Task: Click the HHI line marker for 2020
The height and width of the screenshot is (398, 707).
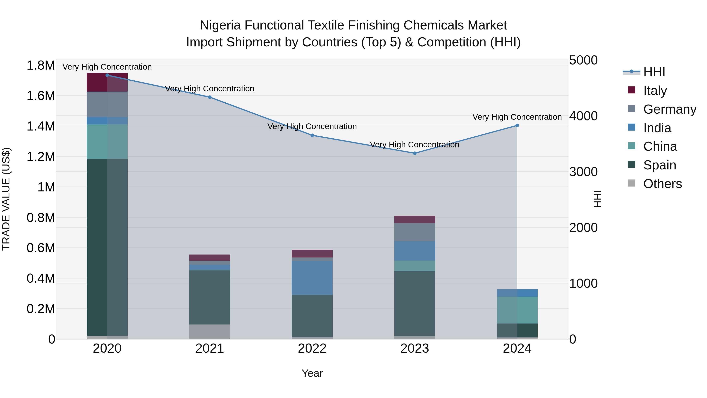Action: point(107,75)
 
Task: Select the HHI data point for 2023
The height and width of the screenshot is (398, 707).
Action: point(415,153)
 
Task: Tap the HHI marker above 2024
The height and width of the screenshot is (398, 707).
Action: point(517,126)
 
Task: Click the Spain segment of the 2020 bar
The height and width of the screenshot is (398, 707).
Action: point(107,247)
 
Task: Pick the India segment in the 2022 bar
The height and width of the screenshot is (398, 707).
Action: point(312,278)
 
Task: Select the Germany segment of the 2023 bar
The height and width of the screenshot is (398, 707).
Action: point(415,232)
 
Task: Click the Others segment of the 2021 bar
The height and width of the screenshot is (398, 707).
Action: point(210,332)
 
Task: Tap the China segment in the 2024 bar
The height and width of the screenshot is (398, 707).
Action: point(517,310)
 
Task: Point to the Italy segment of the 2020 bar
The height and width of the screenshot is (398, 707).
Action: point(107,82)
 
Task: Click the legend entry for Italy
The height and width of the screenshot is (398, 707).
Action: point(655,91)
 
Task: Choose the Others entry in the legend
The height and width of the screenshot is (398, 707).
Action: point(662,184)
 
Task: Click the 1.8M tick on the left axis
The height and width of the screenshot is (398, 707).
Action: point(41,66)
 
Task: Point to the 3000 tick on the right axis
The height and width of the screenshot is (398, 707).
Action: point(583,172)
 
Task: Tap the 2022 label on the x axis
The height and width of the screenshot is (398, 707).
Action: point(312,348)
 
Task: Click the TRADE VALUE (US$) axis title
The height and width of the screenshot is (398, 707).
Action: point(6,199)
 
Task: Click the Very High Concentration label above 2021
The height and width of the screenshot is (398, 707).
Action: point(210,89)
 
